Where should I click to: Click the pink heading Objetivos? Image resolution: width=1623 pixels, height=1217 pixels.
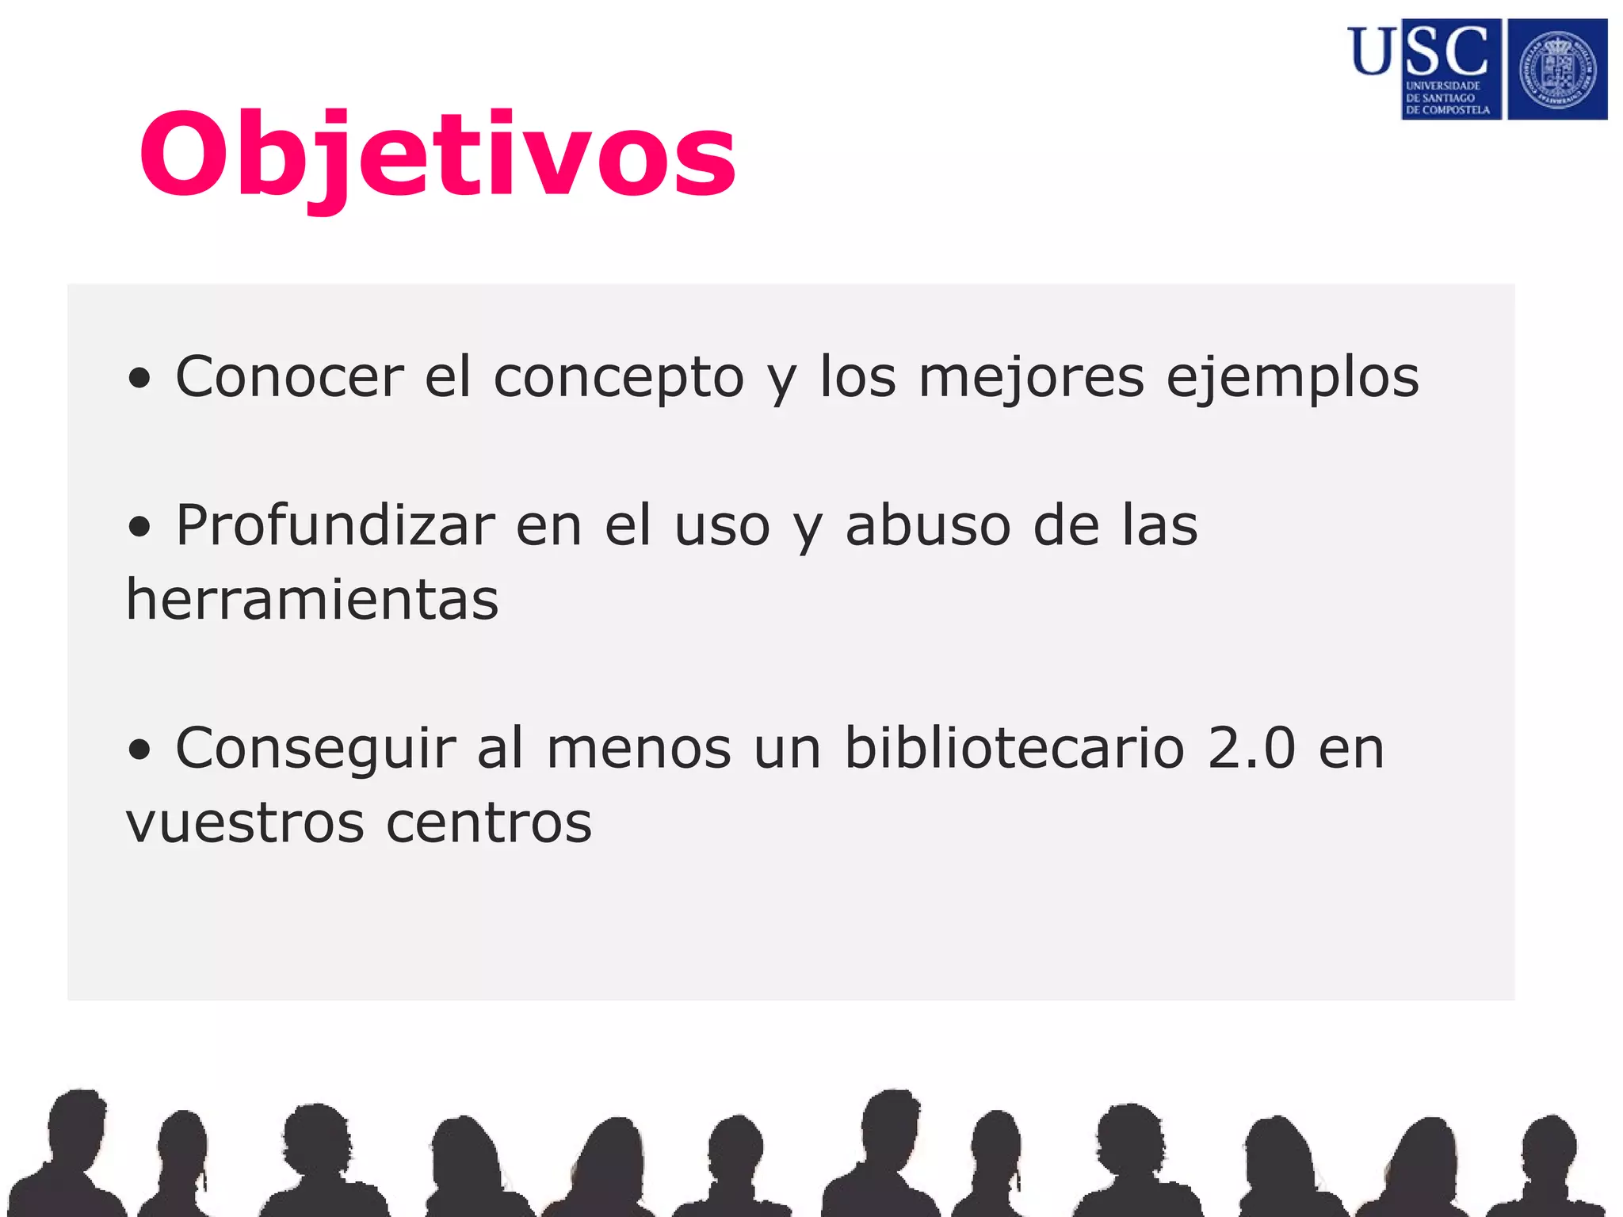coord(437,155)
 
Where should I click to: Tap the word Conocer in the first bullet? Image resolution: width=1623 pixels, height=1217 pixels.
coord(289,376)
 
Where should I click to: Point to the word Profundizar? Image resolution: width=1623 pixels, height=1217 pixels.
coord(335,525)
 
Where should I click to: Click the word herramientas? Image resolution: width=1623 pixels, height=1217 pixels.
coord(312,600)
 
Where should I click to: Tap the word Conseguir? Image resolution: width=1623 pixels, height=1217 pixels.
coord(315,750)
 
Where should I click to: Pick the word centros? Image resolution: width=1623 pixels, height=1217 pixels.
coord(489,822)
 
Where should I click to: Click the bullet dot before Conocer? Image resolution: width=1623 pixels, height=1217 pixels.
coord(139,379)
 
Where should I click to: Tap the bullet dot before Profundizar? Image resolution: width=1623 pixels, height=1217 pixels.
coord(139,528)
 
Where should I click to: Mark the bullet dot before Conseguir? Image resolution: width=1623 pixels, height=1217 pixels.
coord(139,750)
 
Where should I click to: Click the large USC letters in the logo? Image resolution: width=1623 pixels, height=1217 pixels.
coord(1419,51)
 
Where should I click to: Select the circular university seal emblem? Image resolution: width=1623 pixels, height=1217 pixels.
coord(1557,70)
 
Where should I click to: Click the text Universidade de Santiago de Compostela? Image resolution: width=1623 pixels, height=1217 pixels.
coord(1447,98)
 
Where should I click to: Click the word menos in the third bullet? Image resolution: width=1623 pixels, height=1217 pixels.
coord(639,749)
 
